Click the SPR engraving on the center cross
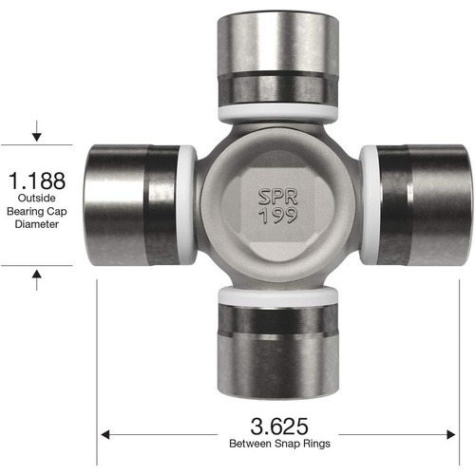click(x=278, y=197)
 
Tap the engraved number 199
click(x=278, y=216)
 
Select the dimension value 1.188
click(x=37, y=180)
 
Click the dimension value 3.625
click(x=279, y=427)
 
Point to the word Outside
click(x=37, y=198)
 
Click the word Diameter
click(x=37, y=224)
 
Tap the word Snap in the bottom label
click(x=288, y=444)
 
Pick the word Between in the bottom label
click(x=251, y=444)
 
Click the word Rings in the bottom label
click(x=316, y=444)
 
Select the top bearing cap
click(x=278, y=59)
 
